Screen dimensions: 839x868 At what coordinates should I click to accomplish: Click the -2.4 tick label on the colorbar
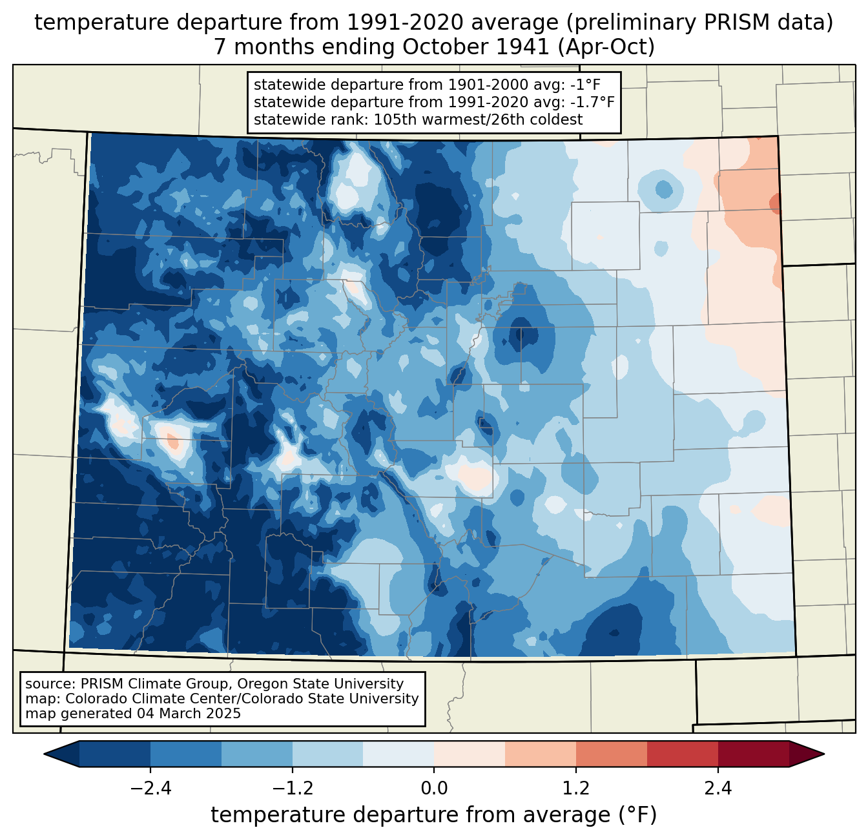pyautogui.click(x=150, y=789)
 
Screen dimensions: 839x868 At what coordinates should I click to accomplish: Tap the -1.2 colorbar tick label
pyautogui.click(x=292, y=789)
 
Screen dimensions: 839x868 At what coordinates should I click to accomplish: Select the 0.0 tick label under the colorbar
pyautogui.click(x=434, y=789)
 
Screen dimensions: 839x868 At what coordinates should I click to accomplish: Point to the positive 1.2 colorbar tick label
pyautogui.click(x=576, y=789)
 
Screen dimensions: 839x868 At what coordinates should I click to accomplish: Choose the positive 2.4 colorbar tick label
pyautogui.click(x=718, y=789)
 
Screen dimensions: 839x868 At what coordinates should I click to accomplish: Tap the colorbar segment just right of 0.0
pyautogui.click(x=470, y=754)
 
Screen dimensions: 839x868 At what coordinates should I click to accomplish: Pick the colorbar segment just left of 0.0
pyautogui.click(x=398, y=754)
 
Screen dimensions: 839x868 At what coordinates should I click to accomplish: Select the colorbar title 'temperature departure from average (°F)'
pyautogui.click(x=434, y=815)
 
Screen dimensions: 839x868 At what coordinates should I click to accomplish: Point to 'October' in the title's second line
pyautogui.click(x=439, y=47)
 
